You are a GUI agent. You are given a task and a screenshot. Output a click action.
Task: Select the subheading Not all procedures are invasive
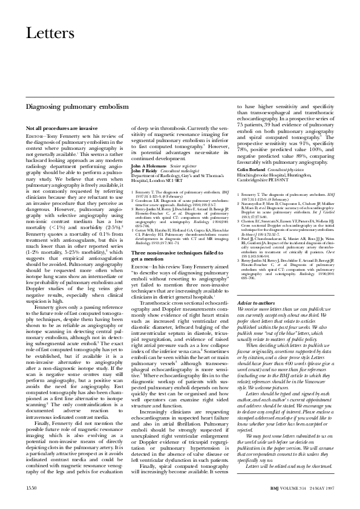coord(62,129)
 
